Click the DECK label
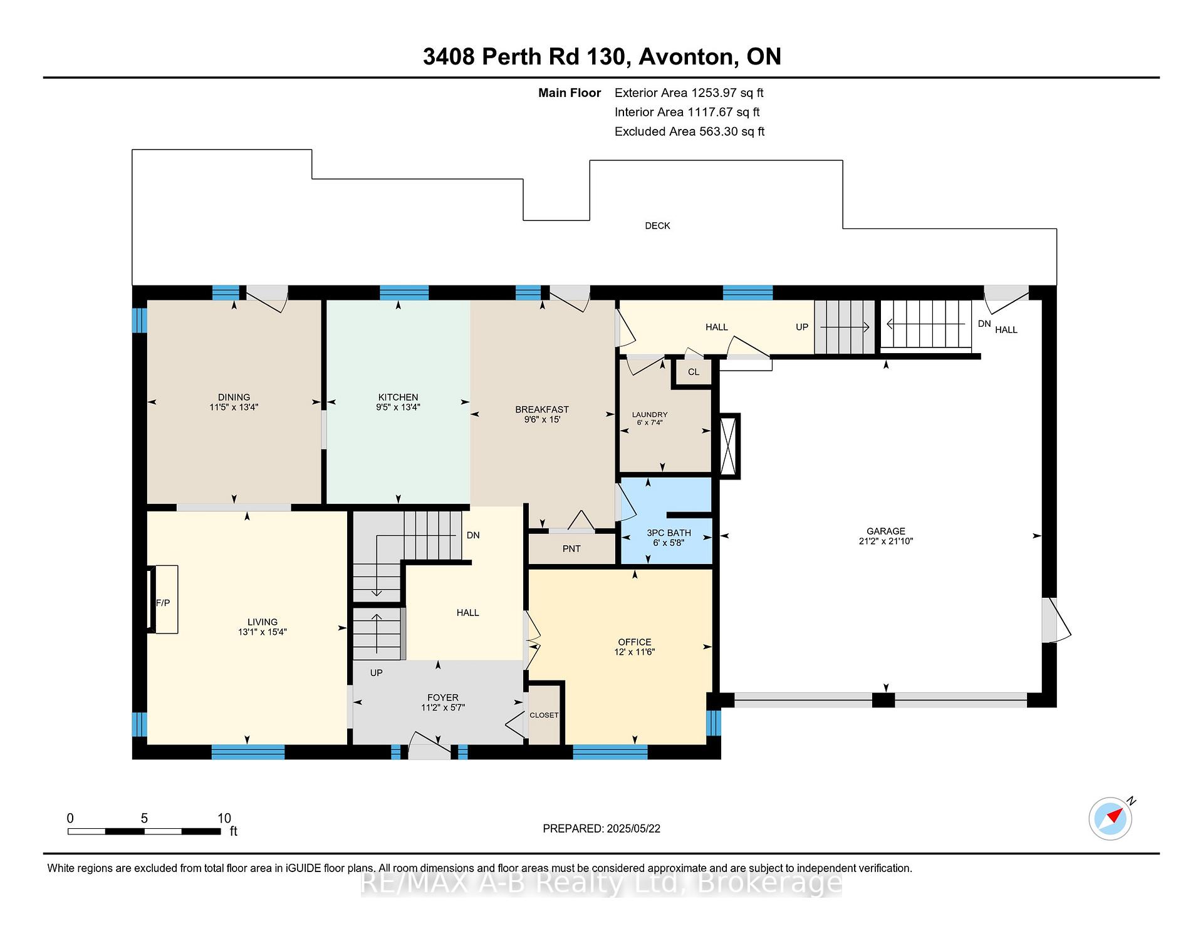(x=657, y=226)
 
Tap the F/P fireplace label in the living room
(x=163, y=603)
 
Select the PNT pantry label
(x=571, y=549)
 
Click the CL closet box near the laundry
(x=694, y=372)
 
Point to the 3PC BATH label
(x=669, y=533)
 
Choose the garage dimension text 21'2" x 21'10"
(x=886, y=541)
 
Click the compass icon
(x=1111, y=818)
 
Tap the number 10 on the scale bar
(x=224, y=818)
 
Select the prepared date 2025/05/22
(x=633, y=829)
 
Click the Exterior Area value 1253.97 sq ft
(x=727, y=93)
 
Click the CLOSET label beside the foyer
(x=544, y=715)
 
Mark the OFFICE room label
(x=635, y=642)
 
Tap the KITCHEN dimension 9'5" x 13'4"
(x=398, y=407)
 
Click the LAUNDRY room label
(x=650, y=414)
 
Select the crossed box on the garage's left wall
(x=729, y=446)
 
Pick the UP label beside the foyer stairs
(x=376, y=673)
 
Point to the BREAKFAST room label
(x=542, y=410)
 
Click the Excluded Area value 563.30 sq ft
(x=730, y=132)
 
